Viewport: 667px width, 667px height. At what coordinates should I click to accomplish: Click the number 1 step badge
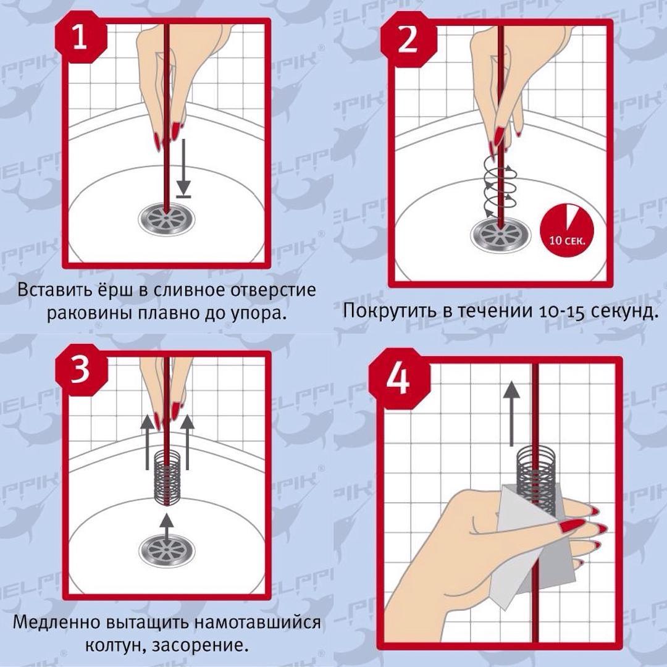[80, 38]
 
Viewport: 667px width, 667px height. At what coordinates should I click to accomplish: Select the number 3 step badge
[80, 369]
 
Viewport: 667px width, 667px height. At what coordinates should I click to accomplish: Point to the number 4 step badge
[400, 378]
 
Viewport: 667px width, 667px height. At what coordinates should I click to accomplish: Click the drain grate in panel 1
[167, 218]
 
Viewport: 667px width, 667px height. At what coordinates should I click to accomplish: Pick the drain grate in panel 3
[167, 551]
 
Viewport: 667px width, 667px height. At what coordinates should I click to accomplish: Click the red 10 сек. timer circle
[566, 230]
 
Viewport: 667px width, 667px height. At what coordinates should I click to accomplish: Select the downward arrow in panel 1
[183, 168]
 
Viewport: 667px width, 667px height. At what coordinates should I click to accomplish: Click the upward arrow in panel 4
[511, 413]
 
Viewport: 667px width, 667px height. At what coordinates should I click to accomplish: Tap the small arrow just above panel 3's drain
[167, 526]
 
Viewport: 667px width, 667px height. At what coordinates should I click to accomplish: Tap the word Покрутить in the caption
[390, 311]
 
